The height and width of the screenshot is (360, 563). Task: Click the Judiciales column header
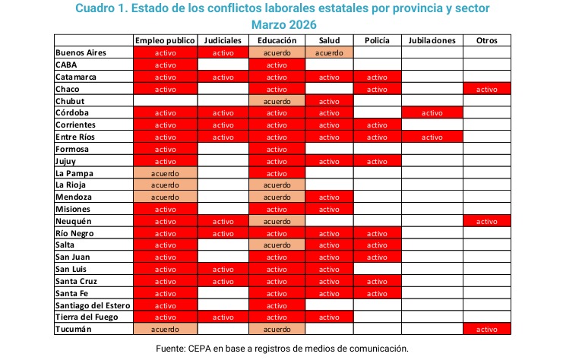223,40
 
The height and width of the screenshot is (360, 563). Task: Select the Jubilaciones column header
432,40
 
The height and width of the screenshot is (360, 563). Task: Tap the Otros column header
487,40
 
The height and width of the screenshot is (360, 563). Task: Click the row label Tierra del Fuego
87,317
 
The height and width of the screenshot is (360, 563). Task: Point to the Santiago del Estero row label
93,305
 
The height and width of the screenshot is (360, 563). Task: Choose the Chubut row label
70,101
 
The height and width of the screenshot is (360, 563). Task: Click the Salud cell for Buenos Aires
329,52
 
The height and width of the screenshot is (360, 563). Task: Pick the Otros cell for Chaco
487,90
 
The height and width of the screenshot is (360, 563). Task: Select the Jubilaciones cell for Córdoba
432,113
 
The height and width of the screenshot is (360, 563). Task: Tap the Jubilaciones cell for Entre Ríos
432,137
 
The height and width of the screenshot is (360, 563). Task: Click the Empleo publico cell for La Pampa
165,174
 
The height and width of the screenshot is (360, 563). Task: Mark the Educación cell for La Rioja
277,185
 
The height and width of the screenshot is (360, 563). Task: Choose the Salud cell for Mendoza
329,197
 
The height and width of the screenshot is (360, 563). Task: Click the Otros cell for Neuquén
487,222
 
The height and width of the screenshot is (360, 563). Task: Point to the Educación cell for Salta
277,245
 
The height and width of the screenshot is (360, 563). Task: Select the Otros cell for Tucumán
487,330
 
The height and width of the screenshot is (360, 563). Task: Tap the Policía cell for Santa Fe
377,294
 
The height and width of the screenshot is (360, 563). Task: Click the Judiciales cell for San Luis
223,270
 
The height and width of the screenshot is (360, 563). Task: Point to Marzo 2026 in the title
283,25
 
